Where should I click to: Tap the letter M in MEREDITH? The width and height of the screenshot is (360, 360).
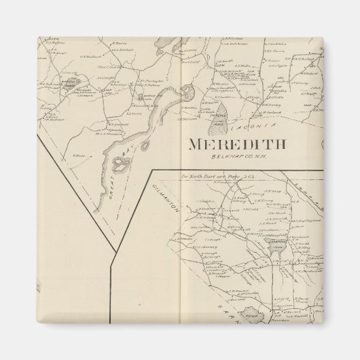click(195, 145)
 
